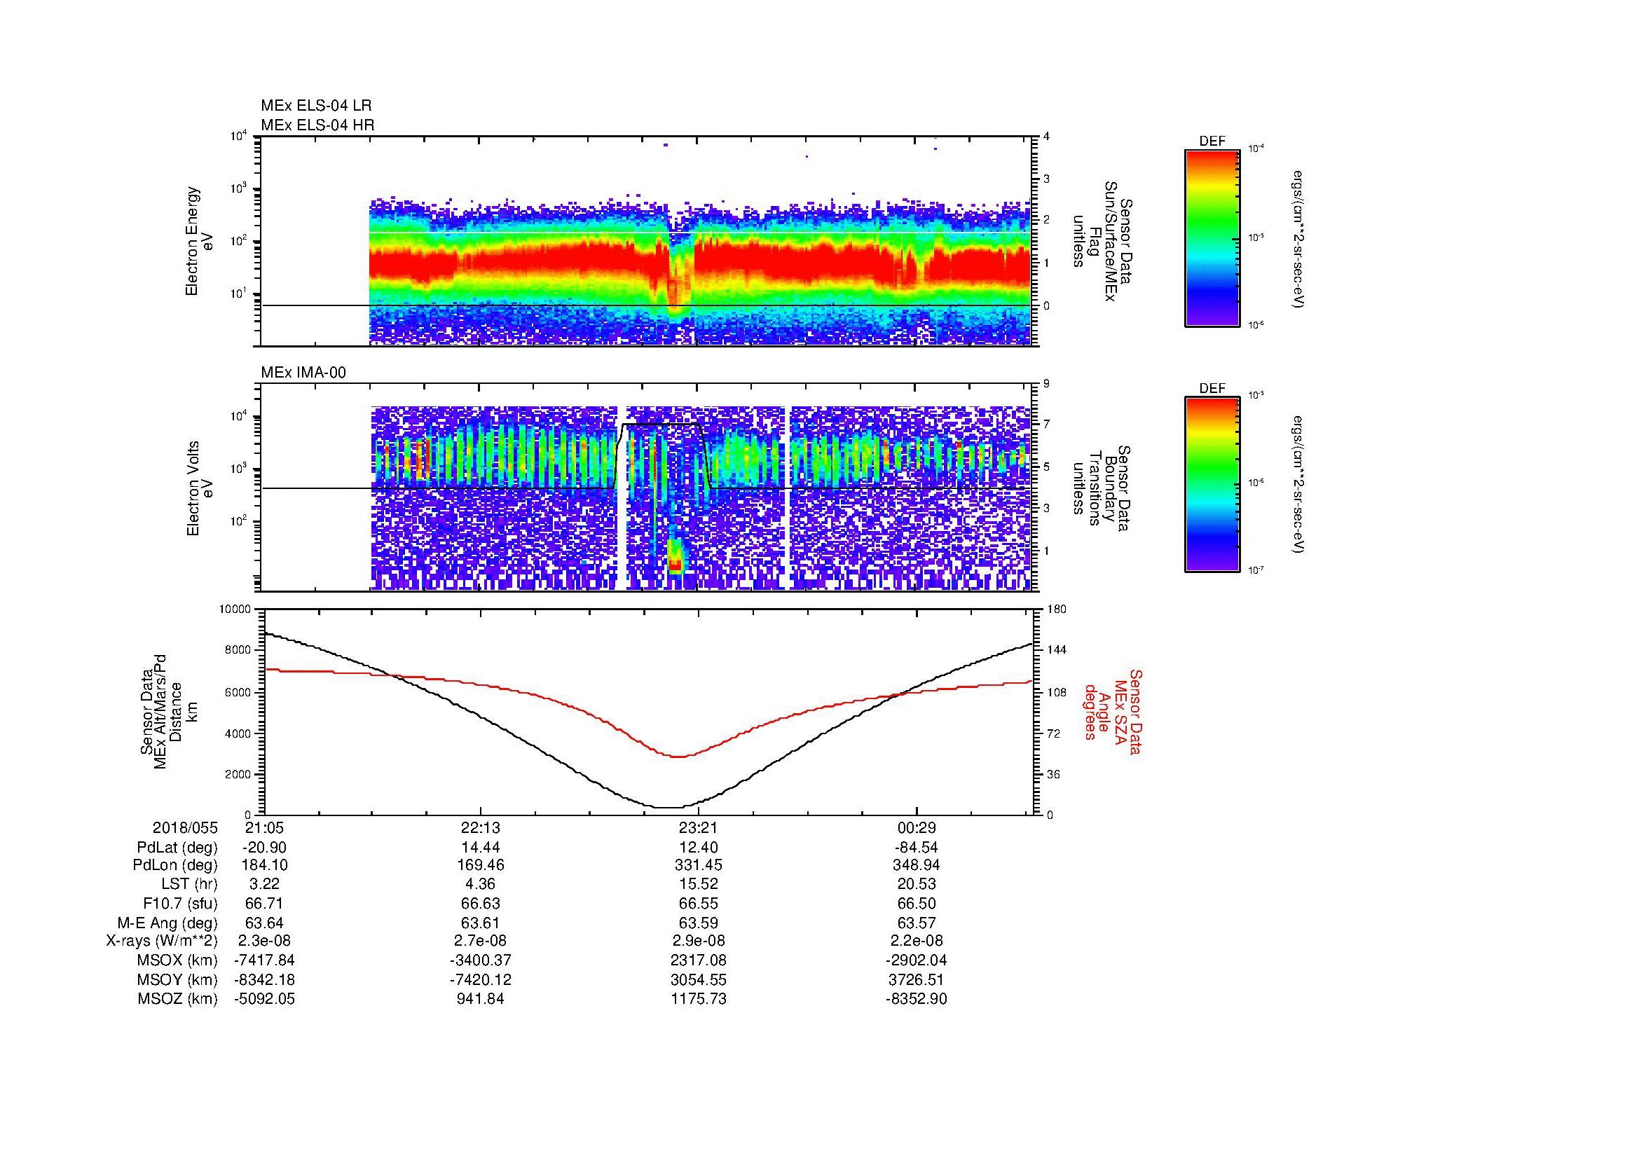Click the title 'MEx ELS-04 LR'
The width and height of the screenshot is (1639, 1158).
click(315, 106)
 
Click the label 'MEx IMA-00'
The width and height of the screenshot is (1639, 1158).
click(303, 373)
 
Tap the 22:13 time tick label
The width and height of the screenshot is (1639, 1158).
click(480, 827)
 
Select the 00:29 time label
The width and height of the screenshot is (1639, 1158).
click(916, 827)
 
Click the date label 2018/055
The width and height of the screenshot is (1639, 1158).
click(185, 827)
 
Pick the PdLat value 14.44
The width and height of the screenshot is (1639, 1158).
click(480, 847)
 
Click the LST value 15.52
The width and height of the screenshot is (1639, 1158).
click(698, 885)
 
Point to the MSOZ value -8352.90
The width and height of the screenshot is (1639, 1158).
click(916, 999)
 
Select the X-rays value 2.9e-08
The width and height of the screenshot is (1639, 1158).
click(698, 941)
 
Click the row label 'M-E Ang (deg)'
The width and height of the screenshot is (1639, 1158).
click(167, 923)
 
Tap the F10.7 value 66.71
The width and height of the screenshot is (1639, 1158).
click(264, 903)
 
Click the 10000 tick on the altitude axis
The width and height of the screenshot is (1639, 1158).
click(235, 609)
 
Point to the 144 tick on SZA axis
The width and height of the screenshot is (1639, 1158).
click(1057, 650)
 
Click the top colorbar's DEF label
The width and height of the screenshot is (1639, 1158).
click(1212, 142)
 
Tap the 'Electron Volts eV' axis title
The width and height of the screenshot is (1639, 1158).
click(200, 488)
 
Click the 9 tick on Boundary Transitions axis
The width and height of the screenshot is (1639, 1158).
click(1046, 385)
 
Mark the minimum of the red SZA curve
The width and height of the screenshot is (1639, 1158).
click(678, 757)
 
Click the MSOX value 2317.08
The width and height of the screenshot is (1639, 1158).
click(698, 960)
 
